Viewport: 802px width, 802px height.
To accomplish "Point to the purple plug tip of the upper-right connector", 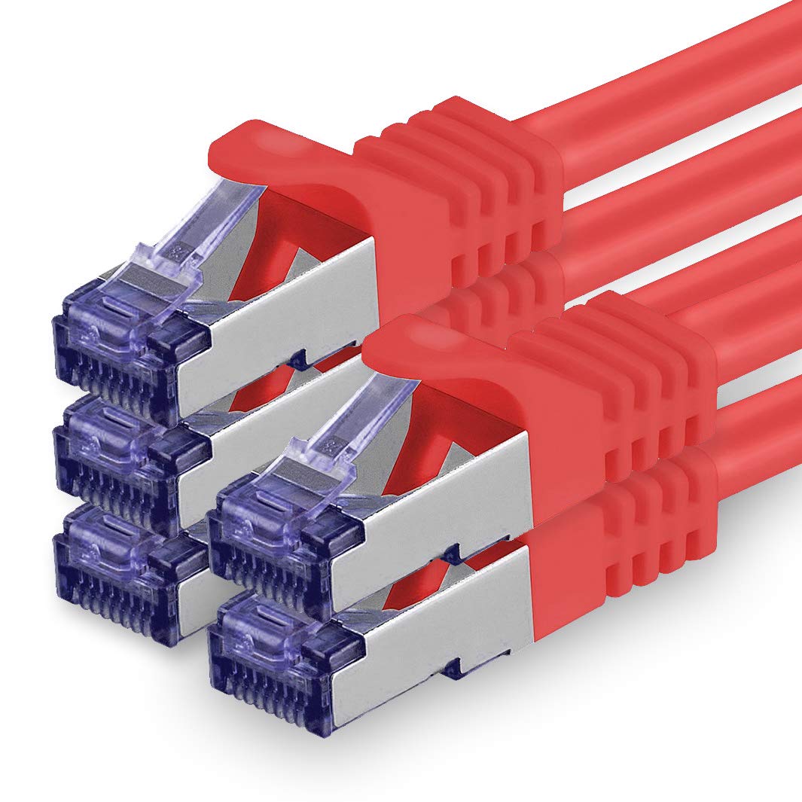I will [x=279, y=535].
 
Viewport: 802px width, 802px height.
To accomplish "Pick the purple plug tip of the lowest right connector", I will [x=279, y=648].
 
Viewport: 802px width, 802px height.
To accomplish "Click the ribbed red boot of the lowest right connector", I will [x=633, y=520].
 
